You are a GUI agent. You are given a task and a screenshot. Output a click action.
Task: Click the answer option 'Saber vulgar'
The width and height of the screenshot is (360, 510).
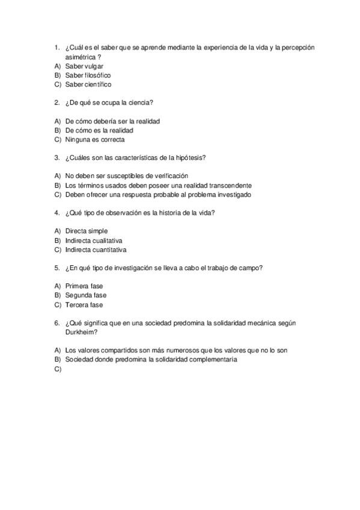tap(84, 66)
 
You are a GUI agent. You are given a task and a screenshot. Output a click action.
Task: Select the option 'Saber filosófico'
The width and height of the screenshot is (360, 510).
tap(88, 75)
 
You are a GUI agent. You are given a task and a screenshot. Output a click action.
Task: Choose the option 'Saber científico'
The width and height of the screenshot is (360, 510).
tap(88, 84)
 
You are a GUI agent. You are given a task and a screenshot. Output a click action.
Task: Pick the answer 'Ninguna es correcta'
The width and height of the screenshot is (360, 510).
tap(95, 140)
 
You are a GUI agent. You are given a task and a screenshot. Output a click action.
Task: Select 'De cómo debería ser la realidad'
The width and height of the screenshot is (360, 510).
tap(112, 121)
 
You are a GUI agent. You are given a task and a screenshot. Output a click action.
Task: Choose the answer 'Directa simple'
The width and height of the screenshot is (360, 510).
tap(87, 231)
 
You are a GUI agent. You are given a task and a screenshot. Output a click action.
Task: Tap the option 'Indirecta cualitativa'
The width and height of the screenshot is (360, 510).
tap(94, 240)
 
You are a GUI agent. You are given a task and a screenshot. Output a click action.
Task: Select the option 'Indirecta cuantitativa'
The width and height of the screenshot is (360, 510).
tap(96, 250)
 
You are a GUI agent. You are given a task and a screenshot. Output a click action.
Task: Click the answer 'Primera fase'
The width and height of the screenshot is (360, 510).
tap(85, 286)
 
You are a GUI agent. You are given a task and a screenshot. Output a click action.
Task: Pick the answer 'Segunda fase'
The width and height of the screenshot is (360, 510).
tap(86, 295)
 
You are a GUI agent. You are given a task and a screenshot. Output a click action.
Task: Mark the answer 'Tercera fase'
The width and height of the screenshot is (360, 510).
tap(84, 305)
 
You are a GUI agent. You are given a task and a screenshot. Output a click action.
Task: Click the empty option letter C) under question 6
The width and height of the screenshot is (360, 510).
tap(58, 369)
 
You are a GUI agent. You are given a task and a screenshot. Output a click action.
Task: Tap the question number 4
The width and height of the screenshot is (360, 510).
tap(56, 213)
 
